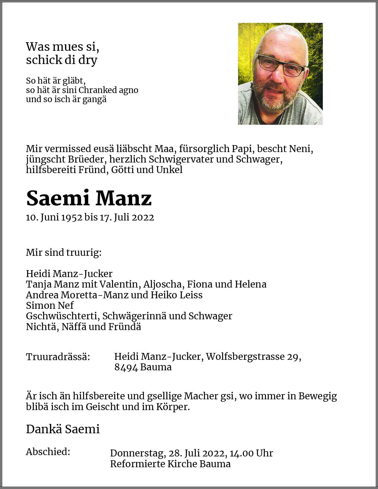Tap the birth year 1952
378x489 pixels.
click(72, 217)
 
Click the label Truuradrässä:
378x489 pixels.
click(58, 357)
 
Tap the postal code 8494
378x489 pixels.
click(126, 367)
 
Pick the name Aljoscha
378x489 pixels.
click(164, 284)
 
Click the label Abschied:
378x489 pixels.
click(48, 452)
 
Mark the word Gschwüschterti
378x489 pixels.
click(64, 316)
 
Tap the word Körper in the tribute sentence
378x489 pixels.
click(172, 407)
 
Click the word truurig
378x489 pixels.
click(86, 253)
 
